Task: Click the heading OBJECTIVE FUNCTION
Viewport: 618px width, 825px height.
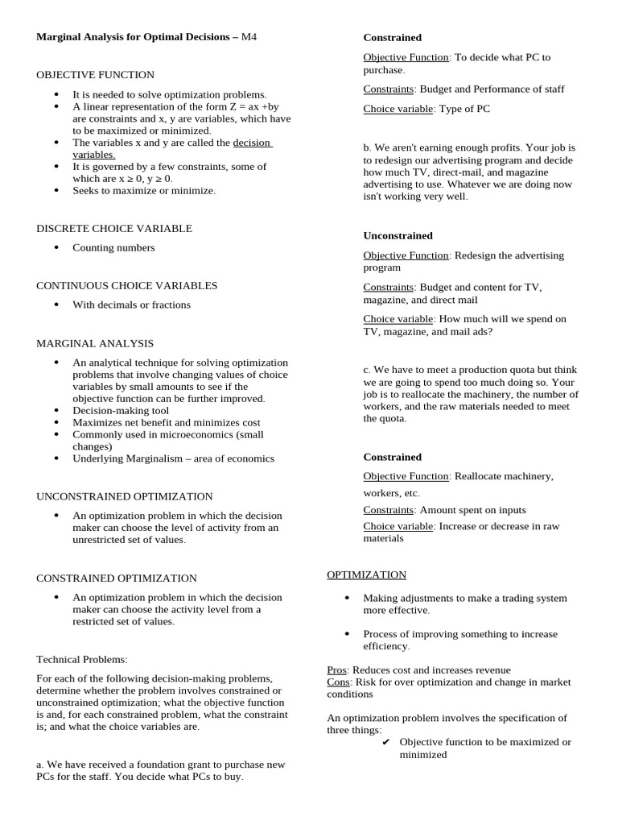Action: (x=95, y=75)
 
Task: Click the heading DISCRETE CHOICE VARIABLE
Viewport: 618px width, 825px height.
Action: (x=114, y=229)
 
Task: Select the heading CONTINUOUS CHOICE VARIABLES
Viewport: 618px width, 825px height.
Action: (x=126, y=285)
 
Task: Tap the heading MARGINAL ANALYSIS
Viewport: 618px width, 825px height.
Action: (x=95, y=343)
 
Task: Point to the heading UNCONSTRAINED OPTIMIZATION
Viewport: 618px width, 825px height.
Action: (x=125, y=496)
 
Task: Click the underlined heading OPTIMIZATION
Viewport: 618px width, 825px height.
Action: (x=366, y=574)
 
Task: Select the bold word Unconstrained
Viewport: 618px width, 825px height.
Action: (x=398, y=235)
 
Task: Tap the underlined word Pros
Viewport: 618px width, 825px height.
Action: (x=336, y=670)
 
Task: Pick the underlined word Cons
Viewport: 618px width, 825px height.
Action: (x=338, y=682)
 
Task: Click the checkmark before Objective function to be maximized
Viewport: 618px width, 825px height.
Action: (x=386, y=742)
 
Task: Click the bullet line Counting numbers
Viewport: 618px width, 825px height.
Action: (x=113, y=248)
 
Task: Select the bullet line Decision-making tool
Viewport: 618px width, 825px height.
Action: (x=122, y=410)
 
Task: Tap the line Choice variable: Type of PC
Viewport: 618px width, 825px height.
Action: (x=426, y=109)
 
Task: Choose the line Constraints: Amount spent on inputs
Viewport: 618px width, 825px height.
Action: (x=444, y=510)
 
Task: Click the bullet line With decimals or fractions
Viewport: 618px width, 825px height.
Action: (x=131, y=305)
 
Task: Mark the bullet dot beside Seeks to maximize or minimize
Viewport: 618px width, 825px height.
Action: (x=56, y=191)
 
